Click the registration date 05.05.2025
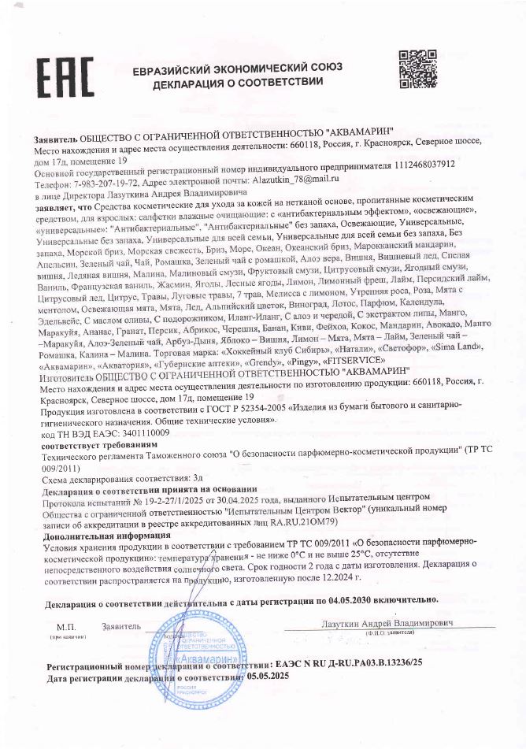[x=269, y=677]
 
